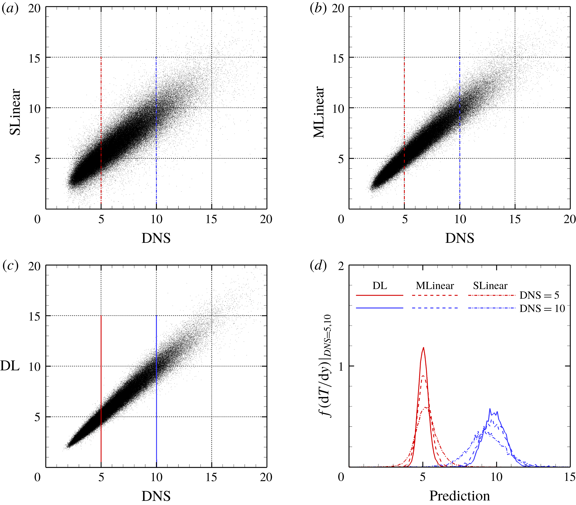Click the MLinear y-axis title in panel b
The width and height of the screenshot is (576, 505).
coord(319,112)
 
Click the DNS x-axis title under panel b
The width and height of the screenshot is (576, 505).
coord(459,238)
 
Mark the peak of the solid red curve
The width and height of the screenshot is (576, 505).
coord(423,348)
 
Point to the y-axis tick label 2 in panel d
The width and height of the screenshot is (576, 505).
coord(341,266)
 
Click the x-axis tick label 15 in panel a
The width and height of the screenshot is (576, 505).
coord(211,219)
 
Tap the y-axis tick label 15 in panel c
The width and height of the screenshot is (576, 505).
coord(34,316)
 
